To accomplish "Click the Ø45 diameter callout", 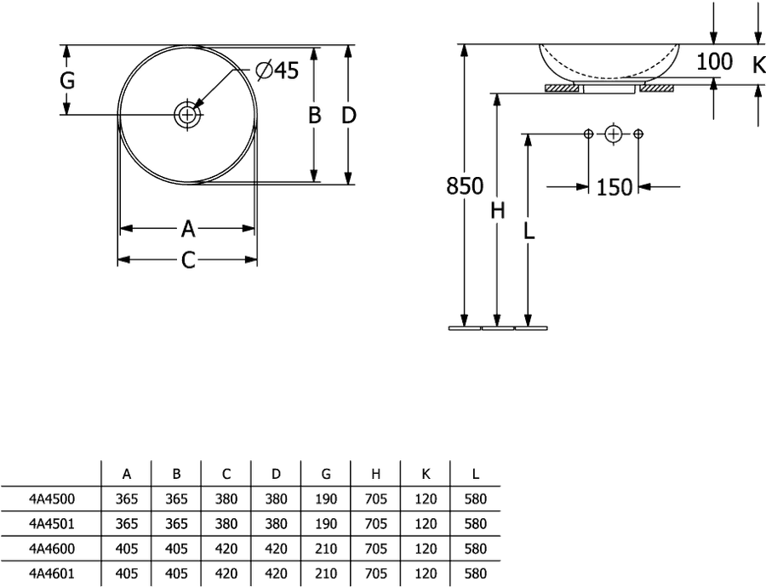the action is (x=277, y=71).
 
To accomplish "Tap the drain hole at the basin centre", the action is (x=187, y=115).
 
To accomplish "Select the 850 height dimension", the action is (x=465, y=186).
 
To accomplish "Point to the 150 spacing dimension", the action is (x=614, y=187).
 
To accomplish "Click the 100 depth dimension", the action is (x=714, y=61).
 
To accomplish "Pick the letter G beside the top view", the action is (x=67, y=80).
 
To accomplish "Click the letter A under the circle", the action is (x=188, y=229).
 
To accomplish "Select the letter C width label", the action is (x=188, y=259).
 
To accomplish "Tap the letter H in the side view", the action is (x=497, y=211).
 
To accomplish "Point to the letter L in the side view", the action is (x=529, y=231).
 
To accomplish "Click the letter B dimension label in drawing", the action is (x=315, y=115).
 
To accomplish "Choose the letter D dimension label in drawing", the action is (x=348, y=115).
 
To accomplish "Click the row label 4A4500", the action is (x=52, y=499).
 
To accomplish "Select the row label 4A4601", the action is (x=52, y=573).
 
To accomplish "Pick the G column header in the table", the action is (x=326, y=474).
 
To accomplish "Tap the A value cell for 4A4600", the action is (x=127, y=549).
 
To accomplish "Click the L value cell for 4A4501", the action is (x=476, y=523).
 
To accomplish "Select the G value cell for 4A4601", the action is (x=326, y=573).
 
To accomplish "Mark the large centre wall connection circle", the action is (x=613, y=134).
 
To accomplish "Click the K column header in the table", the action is (x=426, y=474).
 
